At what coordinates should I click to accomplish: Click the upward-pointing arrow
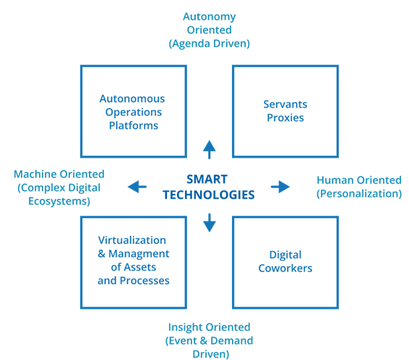click(209, 150)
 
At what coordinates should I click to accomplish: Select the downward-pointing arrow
click(209, 223)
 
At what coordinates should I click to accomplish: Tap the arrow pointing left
click(137, 187)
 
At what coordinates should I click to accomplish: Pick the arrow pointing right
click(280, 187)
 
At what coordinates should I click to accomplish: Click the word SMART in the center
click(207, 179)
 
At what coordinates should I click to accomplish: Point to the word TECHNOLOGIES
click(209, 195)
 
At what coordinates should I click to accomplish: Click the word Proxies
click(285, 118)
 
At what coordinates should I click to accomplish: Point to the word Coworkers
click(285, 268)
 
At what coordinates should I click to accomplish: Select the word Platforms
click(134, 126)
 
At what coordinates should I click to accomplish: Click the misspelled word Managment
click(139, 254)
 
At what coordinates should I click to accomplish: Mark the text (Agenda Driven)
click(209, 43)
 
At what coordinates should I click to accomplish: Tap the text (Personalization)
click(359, 194)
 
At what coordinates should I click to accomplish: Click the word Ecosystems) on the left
click(59, 201)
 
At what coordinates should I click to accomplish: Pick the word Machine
click(35, 174)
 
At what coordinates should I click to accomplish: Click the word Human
click(335, 180)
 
